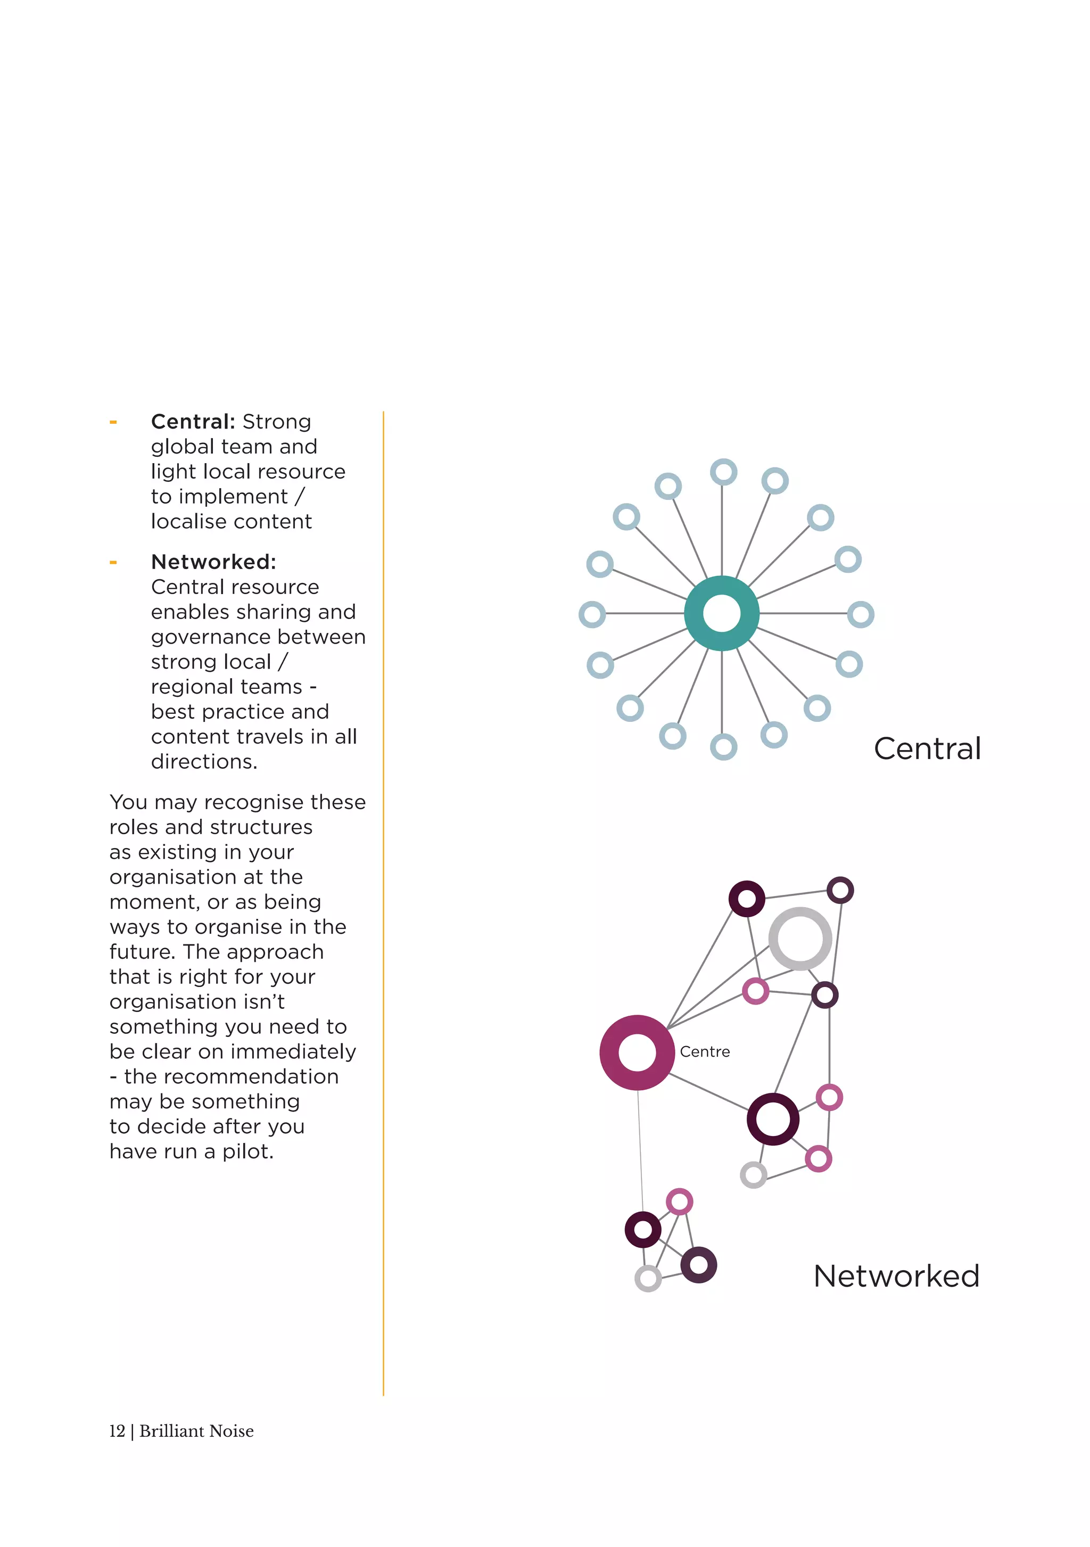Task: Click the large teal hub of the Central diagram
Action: coord(722,613)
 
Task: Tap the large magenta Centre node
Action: coord(637,1052)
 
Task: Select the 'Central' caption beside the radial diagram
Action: coord(927,748)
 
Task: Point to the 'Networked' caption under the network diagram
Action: coord(896,1276)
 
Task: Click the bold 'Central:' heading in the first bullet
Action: coord(193,422)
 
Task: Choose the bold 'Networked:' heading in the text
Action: coord(213,562)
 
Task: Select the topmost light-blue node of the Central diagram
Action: coord(723,472)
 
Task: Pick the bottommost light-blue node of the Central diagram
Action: coord(723,746)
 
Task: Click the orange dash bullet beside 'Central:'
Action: coord(113,423)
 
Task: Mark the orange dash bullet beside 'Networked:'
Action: coord(113,563)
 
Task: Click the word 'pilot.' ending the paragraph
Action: coord(248,1151)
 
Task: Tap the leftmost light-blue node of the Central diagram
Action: coord(592,614)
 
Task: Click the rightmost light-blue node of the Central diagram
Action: coord(860,614)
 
